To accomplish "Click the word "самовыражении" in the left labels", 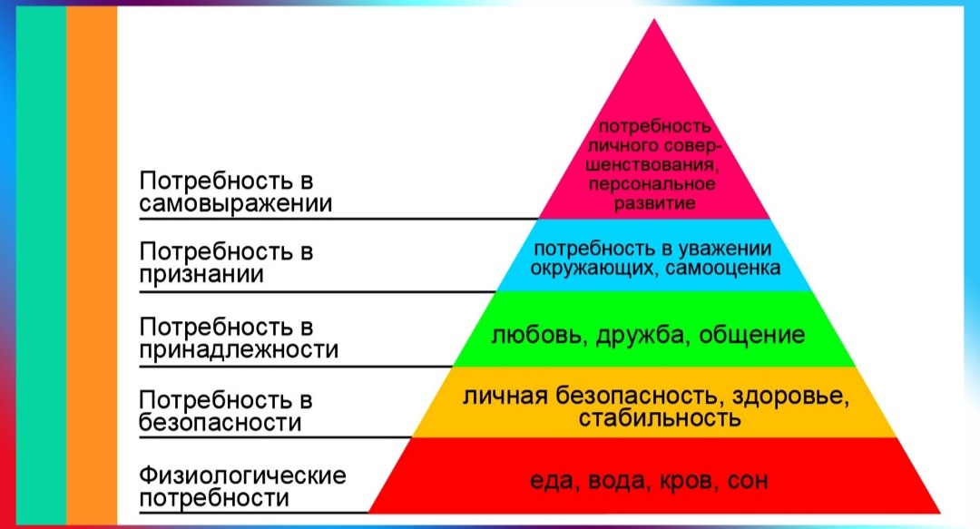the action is [x=236, y=204].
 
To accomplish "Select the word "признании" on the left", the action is [x=201, y=275].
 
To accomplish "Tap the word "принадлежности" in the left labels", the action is [x=239, y=349].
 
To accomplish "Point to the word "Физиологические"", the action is [x=242, y=475].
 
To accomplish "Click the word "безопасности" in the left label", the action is [x=220, y=423].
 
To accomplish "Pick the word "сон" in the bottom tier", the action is [x=748, y=482].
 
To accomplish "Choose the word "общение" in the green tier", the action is [x=752, y=335].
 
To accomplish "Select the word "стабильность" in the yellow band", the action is [x=660, y=417].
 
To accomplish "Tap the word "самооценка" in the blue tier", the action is [x=722, y=269].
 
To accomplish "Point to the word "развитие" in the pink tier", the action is [x=654, y=204].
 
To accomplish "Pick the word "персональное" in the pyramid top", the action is [x=652, y=184].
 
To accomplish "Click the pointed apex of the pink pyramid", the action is [x=654, y=19].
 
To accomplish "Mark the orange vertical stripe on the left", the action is [x=92, y=265].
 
